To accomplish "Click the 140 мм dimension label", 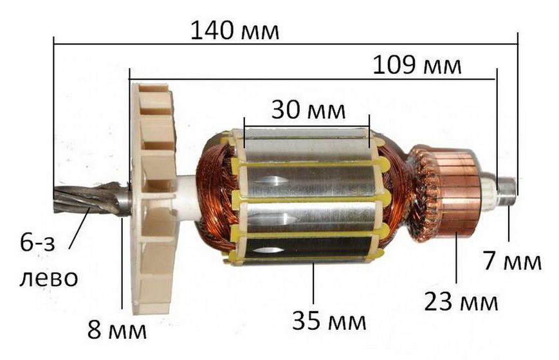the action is point(235,31).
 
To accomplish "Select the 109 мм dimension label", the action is point(417,66).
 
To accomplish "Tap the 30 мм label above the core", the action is point(308,110).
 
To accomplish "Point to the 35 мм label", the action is point(329,320).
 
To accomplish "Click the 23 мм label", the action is point(461,302).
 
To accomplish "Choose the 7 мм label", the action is point(512,260).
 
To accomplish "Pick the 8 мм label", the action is point(117,330).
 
